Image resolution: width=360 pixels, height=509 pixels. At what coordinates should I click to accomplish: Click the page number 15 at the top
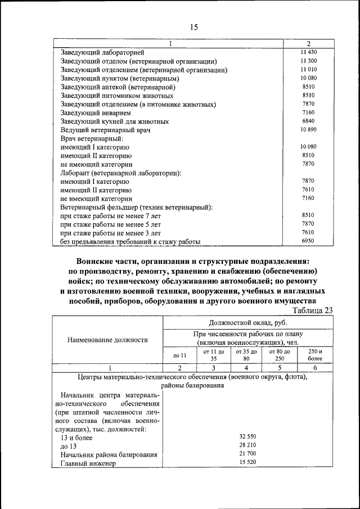(x=193, y=27)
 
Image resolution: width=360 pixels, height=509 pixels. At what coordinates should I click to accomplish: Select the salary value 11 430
(x=308, y=52)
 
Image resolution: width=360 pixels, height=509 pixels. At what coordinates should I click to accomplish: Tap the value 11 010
(x=308, y=69)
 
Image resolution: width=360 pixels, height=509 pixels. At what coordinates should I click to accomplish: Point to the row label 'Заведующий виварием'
(x=96, y=112)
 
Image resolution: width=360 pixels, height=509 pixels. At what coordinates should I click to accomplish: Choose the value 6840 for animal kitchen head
(x=308, y=121)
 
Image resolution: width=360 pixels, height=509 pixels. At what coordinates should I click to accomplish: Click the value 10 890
(x=308, y=129)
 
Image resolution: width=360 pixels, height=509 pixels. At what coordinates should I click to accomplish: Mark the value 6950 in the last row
(x=308, y=241)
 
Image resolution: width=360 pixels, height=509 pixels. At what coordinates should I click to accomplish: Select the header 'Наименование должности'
(x=108, y=339)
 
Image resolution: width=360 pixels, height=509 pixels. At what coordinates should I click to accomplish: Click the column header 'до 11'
(x=179, y=355)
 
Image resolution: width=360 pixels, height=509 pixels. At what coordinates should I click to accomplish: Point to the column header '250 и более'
(x=315, y=355)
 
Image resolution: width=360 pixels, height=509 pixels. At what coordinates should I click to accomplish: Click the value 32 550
(x=248, y=436)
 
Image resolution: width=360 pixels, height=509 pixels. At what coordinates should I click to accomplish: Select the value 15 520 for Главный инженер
(x=248, y=462)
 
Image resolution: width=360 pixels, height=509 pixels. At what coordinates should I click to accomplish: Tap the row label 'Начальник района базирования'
(x=108, y=454)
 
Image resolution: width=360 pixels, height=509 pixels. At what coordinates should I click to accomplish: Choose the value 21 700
(x=248, y=453)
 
